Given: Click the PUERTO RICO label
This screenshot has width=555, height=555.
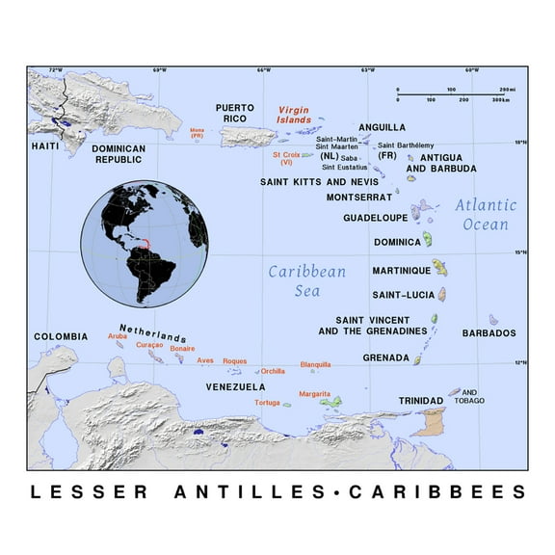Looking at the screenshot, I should [234, 112].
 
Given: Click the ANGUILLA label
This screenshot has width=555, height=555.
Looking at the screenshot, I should [383, 127].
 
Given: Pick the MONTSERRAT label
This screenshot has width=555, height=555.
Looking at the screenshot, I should [359, 198].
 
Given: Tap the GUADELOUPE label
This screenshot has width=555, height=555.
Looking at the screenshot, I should [375, 218].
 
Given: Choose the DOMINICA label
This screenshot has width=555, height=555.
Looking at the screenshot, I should [397, 242].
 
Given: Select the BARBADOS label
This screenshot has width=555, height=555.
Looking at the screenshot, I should [489, 333].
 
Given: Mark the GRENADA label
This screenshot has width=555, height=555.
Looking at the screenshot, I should [385, 357].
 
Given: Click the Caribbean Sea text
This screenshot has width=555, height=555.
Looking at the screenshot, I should [306, 280].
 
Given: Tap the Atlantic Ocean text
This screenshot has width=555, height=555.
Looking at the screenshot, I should [486, 214].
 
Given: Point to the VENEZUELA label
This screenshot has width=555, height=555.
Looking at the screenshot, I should [236, 386].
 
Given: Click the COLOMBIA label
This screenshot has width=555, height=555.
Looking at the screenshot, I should [61, 336].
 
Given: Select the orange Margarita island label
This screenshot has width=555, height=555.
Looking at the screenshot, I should [314, 394].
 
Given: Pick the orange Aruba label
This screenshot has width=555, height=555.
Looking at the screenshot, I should [117, 336].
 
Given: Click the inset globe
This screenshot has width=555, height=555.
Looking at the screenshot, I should [144, 243].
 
